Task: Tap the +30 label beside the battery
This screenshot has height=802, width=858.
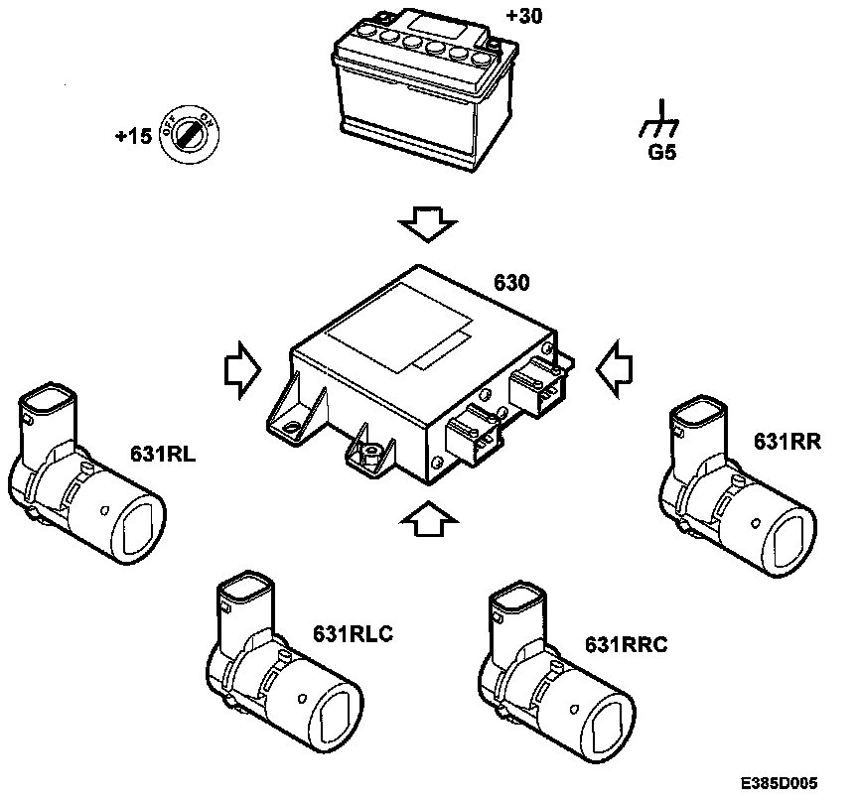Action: (x=524, y=16)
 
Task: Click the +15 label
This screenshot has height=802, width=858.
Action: (x=133, y=136)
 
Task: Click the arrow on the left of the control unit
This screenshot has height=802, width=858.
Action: (x=239, y=369)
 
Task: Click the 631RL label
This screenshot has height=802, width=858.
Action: (x=162, y=455)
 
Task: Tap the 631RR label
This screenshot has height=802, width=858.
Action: (x=787, y=442)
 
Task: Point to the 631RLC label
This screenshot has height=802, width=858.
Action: (x=354, y=632)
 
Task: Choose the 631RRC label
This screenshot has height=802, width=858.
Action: (x=627, y=645)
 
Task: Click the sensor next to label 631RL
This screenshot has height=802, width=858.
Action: (x=83, y=476)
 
